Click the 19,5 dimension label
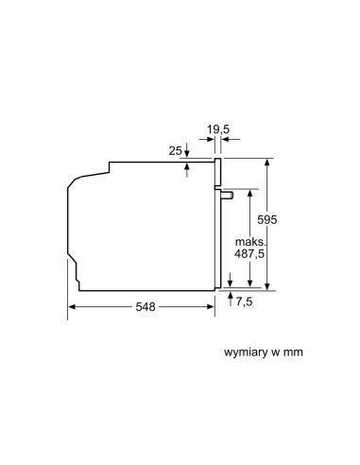218,129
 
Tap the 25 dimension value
175,151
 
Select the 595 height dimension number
267,219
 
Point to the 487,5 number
249,253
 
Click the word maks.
251,242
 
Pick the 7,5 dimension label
245,301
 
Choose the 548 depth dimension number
146,306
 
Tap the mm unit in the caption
293,353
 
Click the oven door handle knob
227,196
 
